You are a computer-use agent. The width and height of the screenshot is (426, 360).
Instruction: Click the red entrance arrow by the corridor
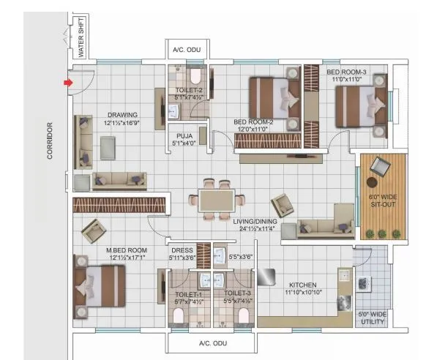tap(68, 83)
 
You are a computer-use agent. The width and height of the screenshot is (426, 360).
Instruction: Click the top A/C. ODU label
tap(187, 50)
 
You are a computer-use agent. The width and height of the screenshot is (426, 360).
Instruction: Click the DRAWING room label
tap(122, 115)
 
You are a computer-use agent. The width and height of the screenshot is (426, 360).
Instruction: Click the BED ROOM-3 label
tap(347, 72)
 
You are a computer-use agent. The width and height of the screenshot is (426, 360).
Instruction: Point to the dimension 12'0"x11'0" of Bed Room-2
tap(253, 130)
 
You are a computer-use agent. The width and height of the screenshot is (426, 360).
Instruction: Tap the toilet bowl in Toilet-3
tap(244, 315)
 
